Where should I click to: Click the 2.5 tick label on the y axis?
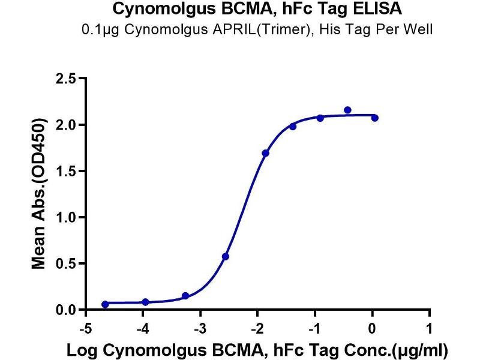[x=66, y=79]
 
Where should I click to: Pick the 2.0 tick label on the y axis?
[x=66, y=125]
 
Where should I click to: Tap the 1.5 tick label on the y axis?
[x=66, y=171]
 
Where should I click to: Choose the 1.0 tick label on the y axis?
[x=66, y=217]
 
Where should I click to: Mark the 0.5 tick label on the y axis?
[x=66, y=263]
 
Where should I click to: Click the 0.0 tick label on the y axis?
[x=66, y=310]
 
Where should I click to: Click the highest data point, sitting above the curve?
[x=347, y=110]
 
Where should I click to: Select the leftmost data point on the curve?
[x=106, y=304]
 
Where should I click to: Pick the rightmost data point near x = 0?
[x=374, y=118]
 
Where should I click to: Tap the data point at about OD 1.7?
[x=266, y=153]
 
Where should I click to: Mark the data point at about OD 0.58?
[x=226, y=256]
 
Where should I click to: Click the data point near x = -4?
[x=145, y=302]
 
